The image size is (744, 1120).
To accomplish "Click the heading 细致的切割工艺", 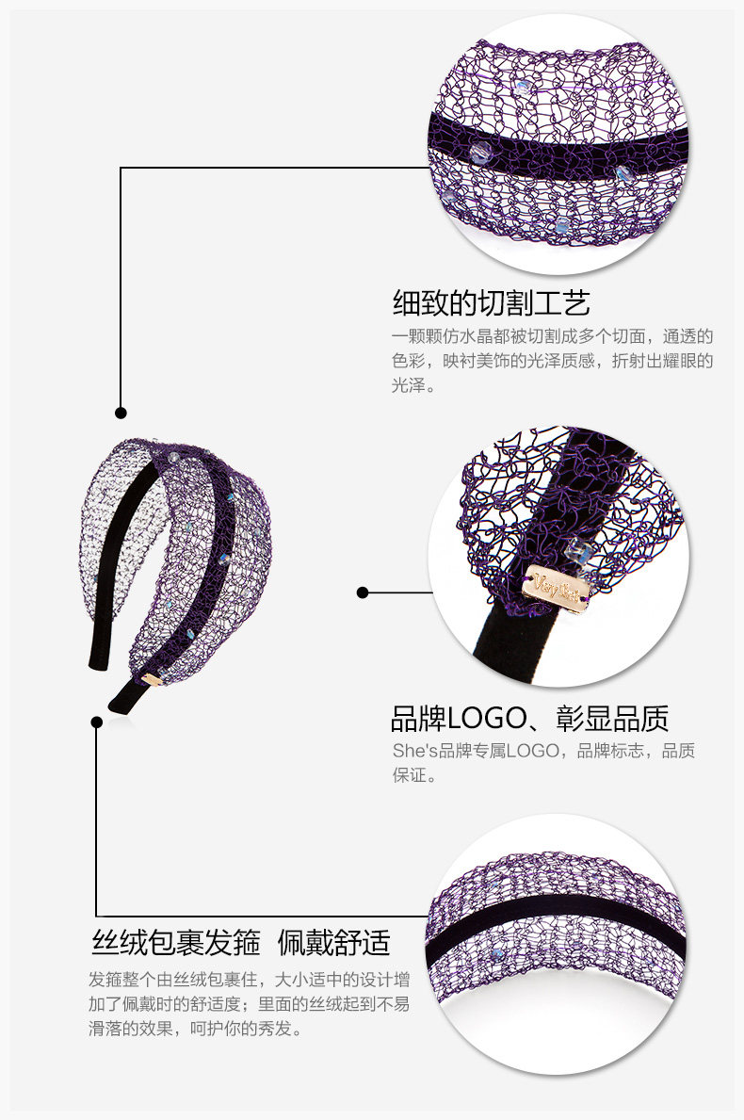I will click(x=491, y=302).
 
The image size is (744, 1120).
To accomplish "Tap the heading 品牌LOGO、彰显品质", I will click(x=529, y=719).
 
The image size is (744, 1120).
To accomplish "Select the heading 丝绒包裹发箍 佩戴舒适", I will click(x=240, y=942).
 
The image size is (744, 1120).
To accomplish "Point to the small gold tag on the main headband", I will click(x=151, y=677).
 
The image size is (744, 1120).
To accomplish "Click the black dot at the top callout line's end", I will click(x=121, y=413).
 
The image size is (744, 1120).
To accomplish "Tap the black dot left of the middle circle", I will click(x=363, y=592).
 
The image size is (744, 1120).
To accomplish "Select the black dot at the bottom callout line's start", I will click(x=96, y=722).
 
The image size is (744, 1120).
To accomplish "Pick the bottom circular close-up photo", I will click(x=558, y=944).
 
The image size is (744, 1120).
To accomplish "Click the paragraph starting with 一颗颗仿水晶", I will click(x=552, y=360).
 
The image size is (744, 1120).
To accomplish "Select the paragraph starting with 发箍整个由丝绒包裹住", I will click(x=250, y=1003).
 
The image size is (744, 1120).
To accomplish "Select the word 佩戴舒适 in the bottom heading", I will click(x=333, y=942).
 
